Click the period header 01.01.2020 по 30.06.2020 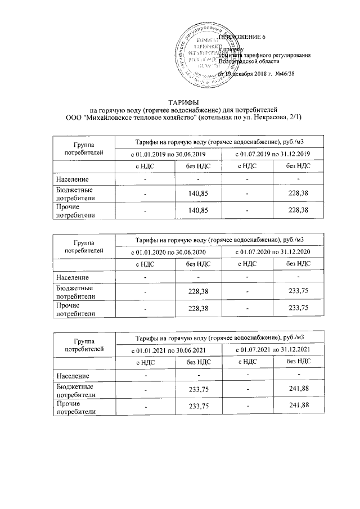point(169,251)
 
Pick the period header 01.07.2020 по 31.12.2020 point(272,251)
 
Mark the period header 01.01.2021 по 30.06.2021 point(169,349)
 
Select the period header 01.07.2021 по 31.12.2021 point(272,349)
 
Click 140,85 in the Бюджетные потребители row point(198,194)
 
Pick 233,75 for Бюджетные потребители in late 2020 point(298,291)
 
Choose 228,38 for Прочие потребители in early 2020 point(198,308)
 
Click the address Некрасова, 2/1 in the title point(280,117)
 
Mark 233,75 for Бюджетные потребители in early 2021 point(198,390)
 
